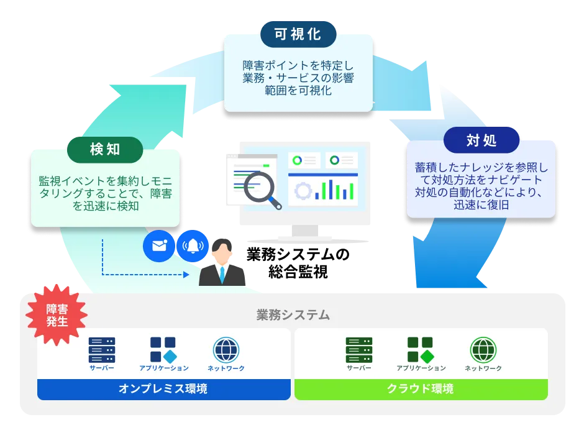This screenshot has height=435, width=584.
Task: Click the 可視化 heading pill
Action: (x=298, y=34)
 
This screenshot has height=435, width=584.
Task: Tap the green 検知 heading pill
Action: (x=105, y=149)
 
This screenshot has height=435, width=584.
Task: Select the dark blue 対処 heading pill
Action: (x=481, y=140)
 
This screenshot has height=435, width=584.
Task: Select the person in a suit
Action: (x=222, y=264)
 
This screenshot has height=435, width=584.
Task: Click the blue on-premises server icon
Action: (x=101, y=350)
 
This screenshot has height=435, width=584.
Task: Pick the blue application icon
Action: (x=163, y=350)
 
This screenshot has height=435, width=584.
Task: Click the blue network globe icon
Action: (x=226, y=350)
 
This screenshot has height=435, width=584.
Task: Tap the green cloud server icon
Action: (x=358, y=350)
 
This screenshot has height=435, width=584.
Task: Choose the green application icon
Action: (x=421, y=350)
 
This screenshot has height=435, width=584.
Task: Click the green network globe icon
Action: (x=483, y=350)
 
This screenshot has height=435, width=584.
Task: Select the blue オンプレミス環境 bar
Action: (x=163, y=390)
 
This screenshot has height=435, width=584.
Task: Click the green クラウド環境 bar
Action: (x=421, y=390)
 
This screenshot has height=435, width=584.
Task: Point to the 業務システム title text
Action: (x=293, y=315)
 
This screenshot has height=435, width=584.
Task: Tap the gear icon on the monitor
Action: (x=303, y=191)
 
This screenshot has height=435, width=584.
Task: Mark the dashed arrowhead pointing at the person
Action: (x=186, y=274)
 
